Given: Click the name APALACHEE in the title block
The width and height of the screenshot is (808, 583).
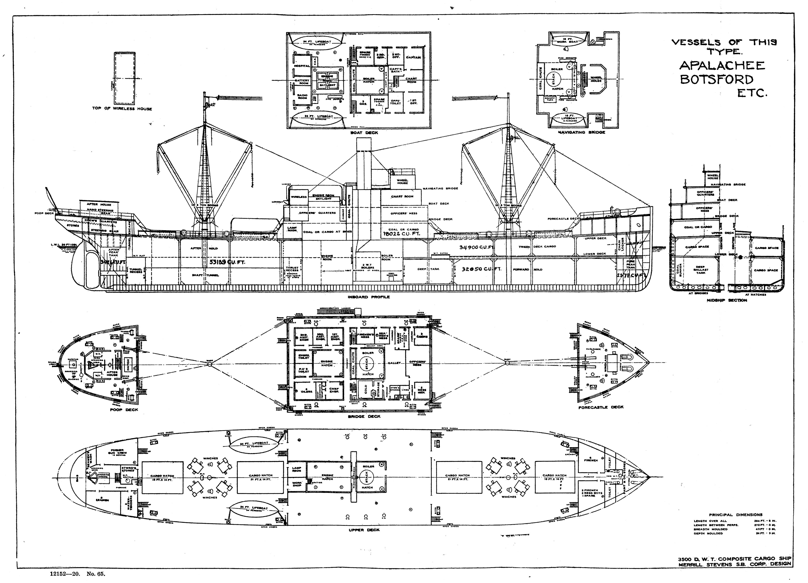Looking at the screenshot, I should click(722, 66).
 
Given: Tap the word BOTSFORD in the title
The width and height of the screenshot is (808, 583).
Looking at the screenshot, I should click(716, 79).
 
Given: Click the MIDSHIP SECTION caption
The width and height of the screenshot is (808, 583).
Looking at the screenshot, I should click(727, 300).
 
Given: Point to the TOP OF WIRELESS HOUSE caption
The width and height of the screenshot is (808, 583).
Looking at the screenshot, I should click(122, 108).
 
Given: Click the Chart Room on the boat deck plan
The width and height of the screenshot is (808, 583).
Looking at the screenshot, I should click(411, 80).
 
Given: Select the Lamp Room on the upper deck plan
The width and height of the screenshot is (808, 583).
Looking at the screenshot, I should click(296, 469).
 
